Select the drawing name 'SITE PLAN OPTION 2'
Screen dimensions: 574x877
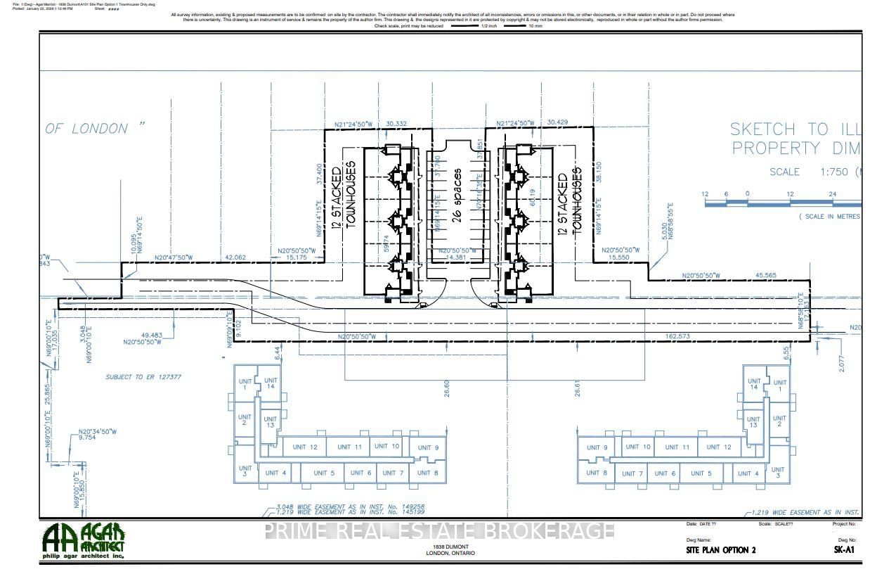click(720, 550)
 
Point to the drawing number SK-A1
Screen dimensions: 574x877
click(843, 550)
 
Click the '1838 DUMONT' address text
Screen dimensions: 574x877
click(450, 547)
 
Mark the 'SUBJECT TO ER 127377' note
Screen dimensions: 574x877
click(143, 377)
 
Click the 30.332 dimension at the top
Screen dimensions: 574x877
click(397, 124)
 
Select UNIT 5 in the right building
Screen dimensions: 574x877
click(701, 473)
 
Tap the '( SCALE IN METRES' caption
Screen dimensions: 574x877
click(829, 217)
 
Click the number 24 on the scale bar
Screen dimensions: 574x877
click(832, 194)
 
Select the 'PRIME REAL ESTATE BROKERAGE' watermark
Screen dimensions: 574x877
click(439, 530)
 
